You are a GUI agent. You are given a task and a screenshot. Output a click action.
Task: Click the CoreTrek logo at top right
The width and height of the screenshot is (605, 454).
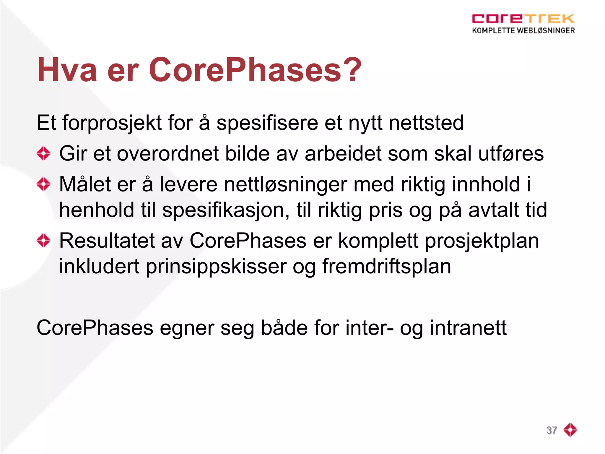click(x=523, y=19)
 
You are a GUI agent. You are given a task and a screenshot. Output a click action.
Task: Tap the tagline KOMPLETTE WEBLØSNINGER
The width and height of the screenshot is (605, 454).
click(x=523, y=30)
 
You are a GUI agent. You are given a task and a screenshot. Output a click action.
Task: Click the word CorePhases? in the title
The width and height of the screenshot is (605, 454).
click(x=255, y=70)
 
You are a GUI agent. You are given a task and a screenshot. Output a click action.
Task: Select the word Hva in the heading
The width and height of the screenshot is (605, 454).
click(x=67, y=70)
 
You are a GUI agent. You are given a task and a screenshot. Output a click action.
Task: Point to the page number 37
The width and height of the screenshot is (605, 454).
click(x=552, y=430)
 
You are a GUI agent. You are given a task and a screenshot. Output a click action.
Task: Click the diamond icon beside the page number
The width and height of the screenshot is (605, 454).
click(x=570, y=430)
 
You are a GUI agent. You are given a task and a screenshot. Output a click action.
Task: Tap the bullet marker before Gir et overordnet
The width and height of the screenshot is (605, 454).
click(x=43, y=154)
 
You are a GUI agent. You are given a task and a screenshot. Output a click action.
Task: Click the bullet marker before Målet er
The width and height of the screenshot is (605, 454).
click(x=43, y=184)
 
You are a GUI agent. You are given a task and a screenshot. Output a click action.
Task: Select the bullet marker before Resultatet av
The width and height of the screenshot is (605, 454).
click(x=43, y=241)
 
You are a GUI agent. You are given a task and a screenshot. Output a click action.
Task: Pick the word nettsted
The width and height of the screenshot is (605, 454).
click(x=426, y=123)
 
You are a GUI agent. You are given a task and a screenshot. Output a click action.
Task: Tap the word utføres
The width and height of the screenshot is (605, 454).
click(x=511, y=154)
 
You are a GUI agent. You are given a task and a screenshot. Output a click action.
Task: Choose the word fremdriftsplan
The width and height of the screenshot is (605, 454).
click(x=386, y=267)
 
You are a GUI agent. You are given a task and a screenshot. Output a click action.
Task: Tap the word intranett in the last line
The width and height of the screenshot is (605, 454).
click(x=468, y=328)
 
